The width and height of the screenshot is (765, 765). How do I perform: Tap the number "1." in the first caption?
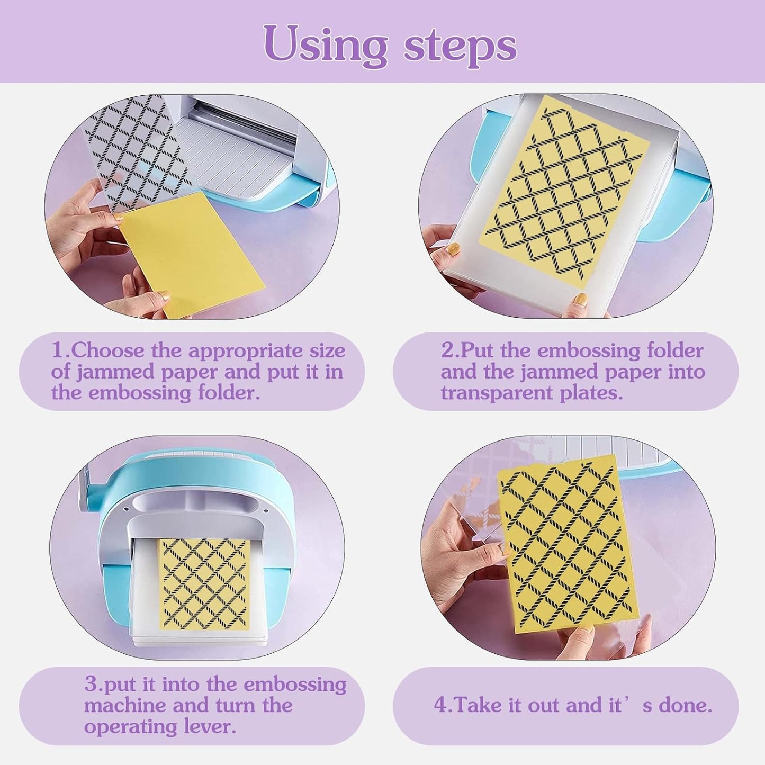60,350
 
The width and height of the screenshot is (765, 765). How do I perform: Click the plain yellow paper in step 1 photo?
191,254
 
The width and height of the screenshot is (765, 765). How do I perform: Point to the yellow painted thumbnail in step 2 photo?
453,249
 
